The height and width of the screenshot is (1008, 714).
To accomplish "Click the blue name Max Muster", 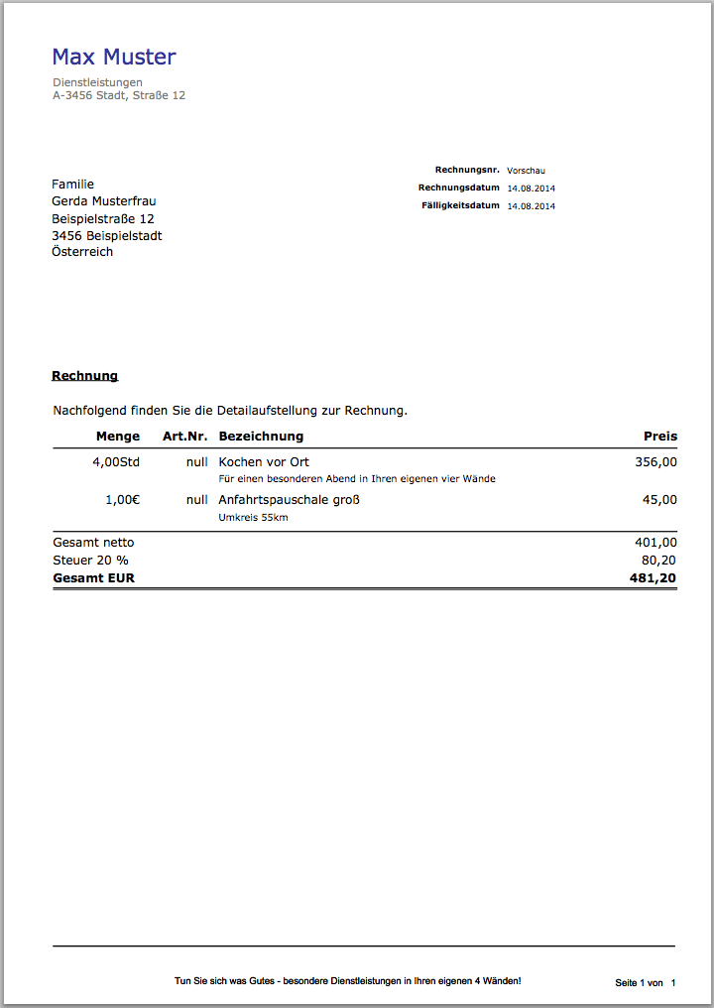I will pos(114,57).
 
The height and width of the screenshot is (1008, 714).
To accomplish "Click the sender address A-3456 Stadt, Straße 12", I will pos(118,96).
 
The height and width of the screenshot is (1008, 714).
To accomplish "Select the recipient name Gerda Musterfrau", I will pos(104,201).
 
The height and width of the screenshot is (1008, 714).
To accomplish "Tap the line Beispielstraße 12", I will pos(103,219).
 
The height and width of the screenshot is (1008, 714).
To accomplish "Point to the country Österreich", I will pos(82,252).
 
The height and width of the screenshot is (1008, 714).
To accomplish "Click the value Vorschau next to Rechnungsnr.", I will pos(526,171).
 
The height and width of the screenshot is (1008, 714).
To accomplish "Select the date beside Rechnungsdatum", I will pos(531,189).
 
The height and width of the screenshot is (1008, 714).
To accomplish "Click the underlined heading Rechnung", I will pos(85,376).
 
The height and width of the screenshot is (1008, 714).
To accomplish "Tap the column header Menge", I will pos(118,437).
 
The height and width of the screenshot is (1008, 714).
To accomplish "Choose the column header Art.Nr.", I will pos(185,437).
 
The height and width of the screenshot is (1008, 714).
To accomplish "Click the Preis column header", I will pos(660,437).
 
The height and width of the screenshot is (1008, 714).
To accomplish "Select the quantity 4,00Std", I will pos(116,462).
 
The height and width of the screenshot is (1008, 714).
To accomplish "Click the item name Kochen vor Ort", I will pos(264,462).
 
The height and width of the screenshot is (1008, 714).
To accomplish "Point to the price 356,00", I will pos(656,462).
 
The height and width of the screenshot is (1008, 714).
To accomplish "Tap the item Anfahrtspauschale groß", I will pos(289,500).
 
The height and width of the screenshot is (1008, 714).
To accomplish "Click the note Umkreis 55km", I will pos(253,517).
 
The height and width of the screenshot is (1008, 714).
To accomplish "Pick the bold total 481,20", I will pos(654,577).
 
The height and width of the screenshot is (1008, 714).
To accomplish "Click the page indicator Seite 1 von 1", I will pos(645,982).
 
